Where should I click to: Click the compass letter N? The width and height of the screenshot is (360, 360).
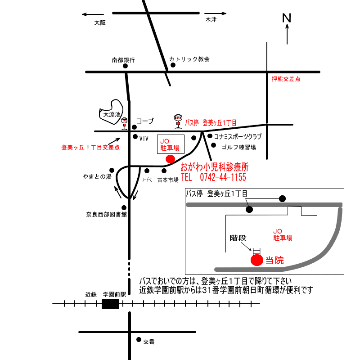click(287, 18)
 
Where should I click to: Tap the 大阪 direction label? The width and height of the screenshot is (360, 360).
click(99, 22)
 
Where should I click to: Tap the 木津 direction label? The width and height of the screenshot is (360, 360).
click(211, 20)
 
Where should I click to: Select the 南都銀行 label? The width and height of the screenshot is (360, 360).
click(123, 60)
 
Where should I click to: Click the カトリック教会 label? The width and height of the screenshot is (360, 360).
click(189, 59)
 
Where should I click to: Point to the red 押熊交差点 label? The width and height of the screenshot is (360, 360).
click(286, 79)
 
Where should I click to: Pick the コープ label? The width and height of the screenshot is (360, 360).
click(145, 121)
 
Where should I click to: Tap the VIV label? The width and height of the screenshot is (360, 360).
click(144, 139)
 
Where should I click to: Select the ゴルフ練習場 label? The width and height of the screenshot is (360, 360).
click(238, 147)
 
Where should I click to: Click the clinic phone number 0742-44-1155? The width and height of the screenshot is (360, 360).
click(214, 177)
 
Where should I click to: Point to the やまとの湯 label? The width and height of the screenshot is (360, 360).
click(97, 176)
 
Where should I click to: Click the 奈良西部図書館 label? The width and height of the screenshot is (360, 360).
click(107, 215)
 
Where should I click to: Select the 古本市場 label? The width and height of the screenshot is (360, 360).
click(168, 180)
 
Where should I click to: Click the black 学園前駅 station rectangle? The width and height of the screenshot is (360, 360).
click(110, 304)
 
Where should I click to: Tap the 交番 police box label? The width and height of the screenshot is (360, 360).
click(149, 342)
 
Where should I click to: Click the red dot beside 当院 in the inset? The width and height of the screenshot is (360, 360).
click(256, 260)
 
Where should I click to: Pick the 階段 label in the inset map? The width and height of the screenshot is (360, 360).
click(239, 237)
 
